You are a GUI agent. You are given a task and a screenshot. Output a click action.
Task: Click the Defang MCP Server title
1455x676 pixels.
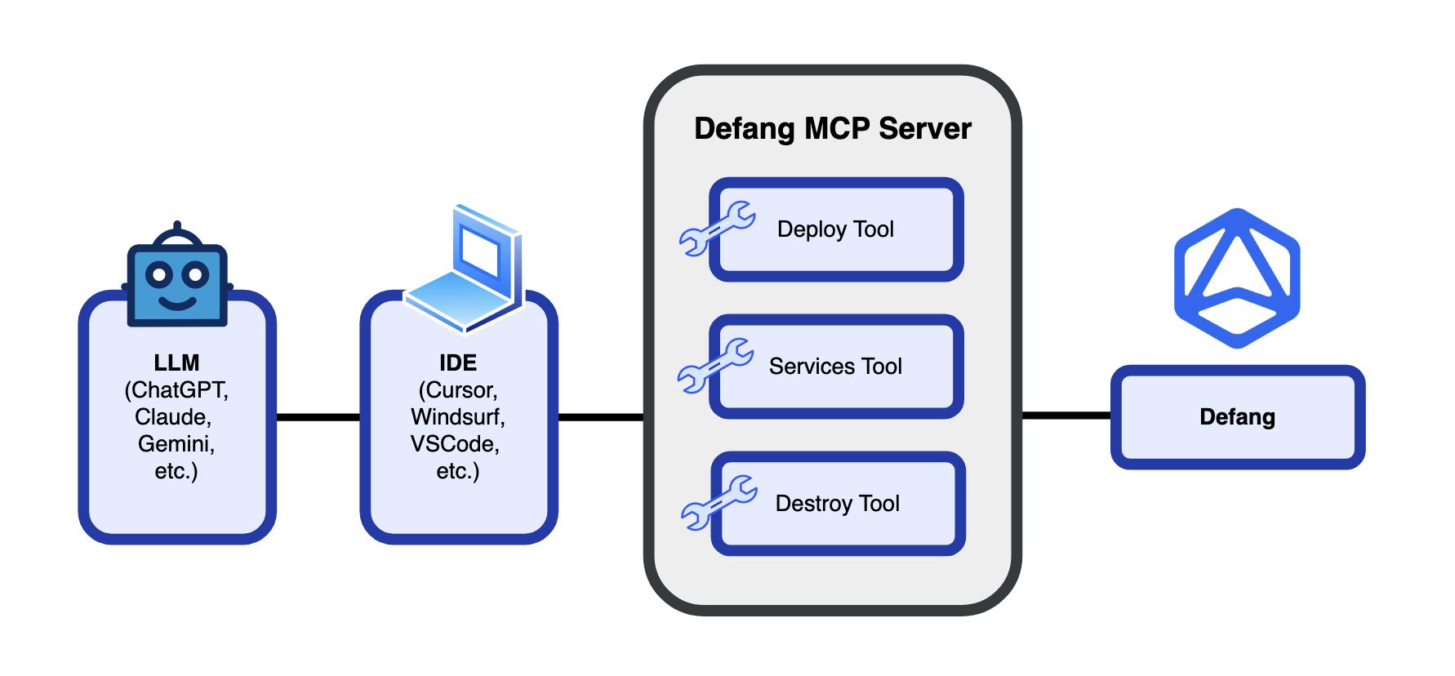pos(832,129)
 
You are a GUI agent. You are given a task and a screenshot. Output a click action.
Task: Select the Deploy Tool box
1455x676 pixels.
pos(836,229)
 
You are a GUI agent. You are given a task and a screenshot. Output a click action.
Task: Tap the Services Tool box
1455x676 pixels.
pos(836,367)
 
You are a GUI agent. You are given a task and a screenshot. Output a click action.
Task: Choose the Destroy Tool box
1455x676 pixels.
pos(838,504)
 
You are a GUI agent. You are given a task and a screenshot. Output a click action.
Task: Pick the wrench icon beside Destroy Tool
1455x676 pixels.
pos(719,502)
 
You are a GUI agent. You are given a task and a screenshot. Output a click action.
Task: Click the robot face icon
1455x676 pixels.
pos(177,278)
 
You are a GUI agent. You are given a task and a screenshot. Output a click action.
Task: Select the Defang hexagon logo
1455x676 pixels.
pos(1237,278)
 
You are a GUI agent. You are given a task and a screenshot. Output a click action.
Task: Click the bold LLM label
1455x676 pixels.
pos(176,362)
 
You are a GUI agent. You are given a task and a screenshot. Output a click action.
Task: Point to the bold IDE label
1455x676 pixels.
pos(458,362)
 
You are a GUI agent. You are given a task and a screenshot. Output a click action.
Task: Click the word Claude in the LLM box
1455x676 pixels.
pos(173,417)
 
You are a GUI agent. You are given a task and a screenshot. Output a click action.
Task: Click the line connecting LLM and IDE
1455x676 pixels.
pos(318,417)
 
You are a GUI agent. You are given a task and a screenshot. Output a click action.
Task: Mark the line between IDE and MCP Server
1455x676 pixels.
pos(600,417)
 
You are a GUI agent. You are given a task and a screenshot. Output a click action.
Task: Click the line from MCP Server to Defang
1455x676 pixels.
pos(1066,416)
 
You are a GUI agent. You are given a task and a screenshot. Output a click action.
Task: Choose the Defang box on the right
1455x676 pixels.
pos(1237,417)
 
